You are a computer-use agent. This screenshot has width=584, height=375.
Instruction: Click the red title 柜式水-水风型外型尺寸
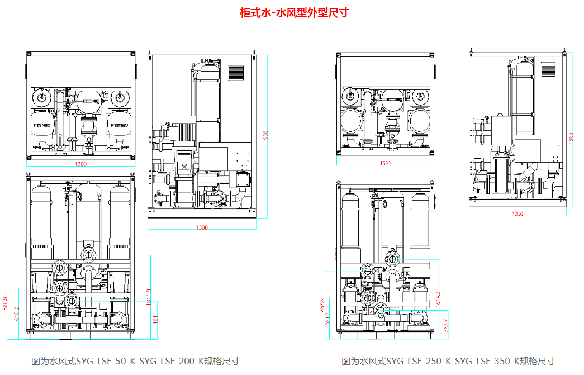coord(293,12)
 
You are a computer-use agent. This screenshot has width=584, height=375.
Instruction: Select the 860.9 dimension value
coord(5,303)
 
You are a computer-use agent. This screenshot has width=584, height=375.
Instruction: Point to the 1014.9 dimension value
coord(148,297)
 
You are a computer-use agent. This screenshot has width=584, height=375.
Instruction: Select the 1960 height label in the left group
coord(266,136)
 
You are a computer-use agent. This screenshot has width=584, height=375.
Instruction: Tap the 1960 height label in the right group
coord(571,138)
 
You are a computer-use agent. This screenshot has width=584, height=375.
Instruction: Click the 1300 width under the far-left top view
coord(81,164)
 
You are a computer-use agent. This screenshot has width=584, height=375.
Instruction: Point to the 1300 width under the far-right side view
coord(517,213)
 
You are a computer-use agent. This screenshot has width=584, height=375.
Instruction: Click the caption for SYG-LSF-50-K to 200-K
coord(135,361)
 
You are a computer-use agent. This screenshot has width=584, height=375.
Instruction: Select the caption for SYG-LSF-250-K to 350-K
coord(448,361)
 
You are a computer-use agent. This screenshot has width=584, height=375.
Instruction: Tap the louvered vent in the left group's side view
coord(237,73)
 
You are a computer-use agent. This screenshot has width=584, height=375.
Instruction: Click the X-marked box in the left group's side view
coord(184,167)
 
